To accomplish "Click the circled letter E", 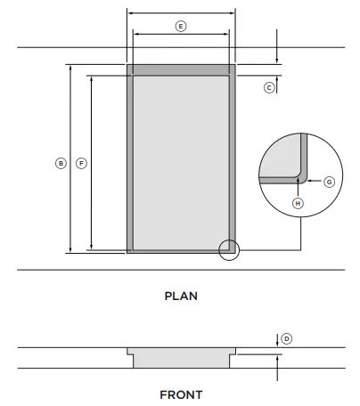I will pos(181,28).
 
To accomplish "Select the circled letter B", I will pos(61,163).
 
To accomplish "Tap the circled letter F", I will pos(81,163).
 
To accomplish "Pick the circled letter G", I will pos(328,181).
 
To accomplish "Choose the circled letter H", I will pos(298,203).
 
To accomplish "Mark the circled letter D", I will pos(286,338).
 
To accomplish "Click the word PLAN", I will pos(181,296).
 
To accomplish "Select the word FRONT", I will pos(181,394).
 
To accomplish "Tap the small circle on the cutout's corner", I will pos(229,250).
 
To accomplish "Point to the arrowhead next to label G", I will pos(309,181).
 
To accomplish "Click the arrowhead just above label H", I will pos(298,188).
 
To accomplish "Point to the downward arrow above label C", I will pos(277,60).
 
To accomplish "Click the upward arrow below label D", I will pos(277,357).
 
